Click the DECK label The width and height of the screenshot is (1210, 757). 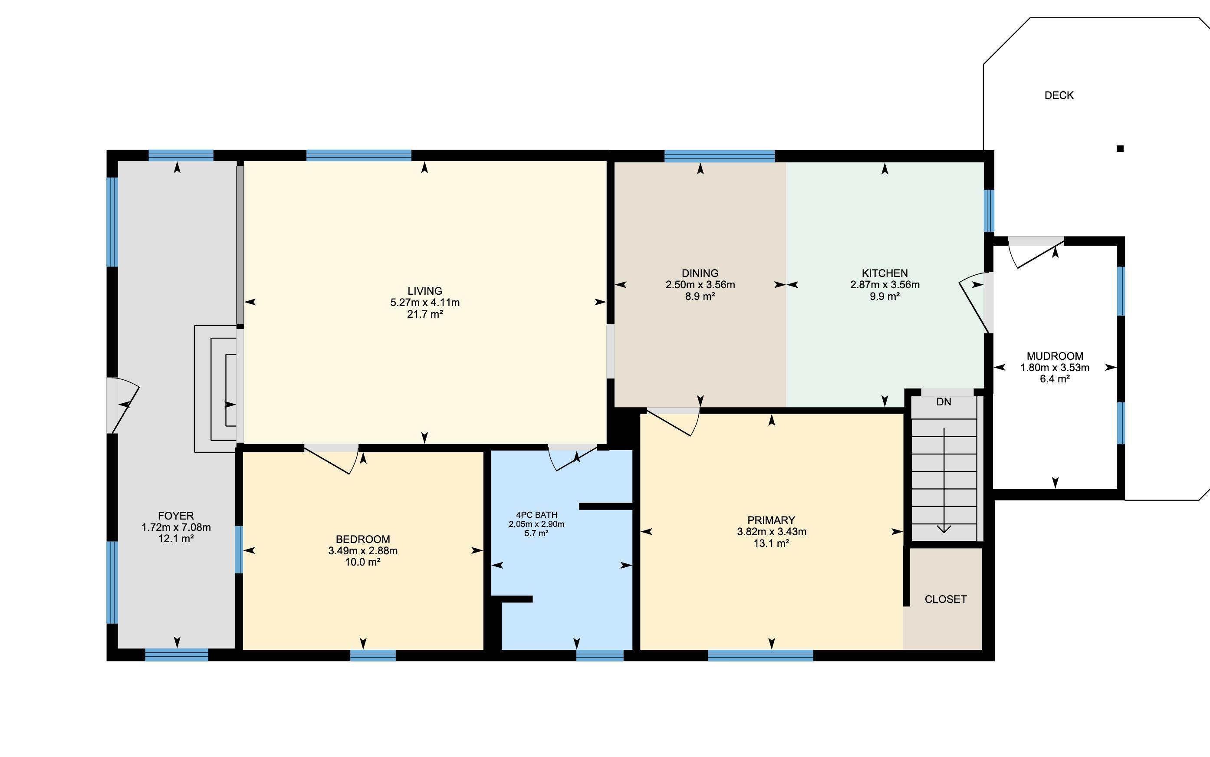pyautogui.click(x=1059, y=95)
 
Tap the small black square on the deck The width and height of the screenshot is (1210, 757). pyautogui.click(x=1120, y=148)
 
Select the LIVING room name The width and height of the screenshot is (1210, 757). pyautogui.click(x=424, y=291)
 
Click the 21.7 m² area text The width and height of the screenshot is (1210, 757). pyautogui.click(x=424, y=314)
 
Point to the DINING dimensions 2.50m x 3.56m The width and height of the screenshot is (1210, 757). pyautogui.click(x=700, y=285)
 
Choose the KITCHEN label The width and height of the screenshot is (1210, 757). pyautogui.click(x=884, y=273)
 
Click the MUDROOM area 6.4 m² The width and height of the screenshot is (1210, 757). pyautogui.click(x=1055, y=379)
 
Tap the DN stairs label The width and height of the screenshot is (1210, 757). pyautogui.click(x=944, y=402)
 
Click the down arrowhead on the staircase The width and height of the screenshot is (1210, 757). pyautogui.click(x=944, y=529)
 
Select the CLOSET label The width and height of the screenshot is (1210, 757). pyautogui.click(x=945, y=599)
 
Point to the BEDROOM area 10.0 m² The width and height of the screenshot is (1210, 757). pyautogui.click(x=362, y=562)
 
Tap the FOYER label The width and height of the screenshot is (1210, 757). pyautogui.click(x=176, y=516)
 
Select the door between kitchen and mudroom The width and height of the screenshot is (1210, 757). pyautogui.click(x=974, y=303)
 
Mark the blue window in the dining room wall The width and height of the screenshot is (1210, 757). pyautogui.click(x=720, y=156)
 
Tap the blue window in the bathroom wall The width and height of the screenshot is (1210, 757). pyautogui.click(x=600, y=655)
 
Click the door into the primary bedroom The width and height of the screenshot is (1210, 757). pyautogui.click(x=673, y=422)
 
